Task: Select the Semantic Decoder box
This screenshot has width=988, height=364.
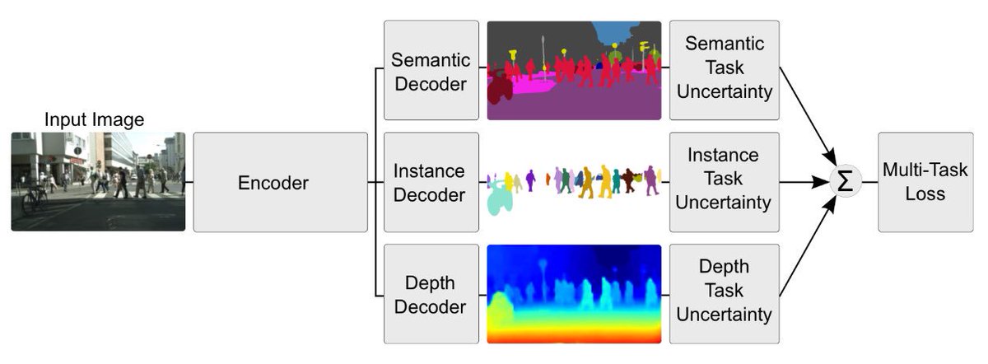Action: (x=431, y=71)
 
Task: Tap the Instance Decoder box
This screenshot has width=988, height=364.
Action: (x=431, y=182)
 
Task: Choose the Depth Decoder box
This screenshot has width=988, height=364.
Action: (x=431, y=294)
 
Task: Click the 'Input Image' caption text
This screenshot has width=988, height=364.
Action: (x=94, y=120)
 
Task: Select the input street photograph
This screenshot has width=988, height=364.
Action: (x=98, y=181)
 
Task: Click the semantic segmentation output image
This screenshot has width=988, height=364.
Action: (x=574, y=71)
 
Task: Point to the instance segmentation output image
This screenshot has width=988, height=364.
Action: (x=574, y=183)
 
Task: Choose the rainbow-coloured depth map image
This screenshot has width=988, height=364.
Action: (x=574, y=294)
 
